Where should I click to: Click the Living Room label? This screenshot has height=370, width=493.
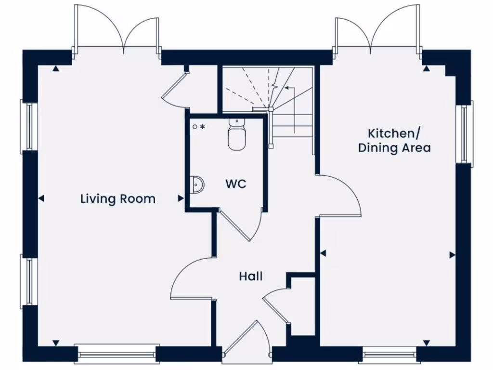coord(118,198)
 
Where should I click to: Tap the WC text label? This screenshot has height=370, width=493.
coord(236,184)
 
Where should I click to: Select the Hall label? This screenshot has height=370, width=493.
coord(251,276)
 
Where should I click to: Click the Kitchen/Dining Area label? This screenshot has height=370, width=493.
coord(394,141)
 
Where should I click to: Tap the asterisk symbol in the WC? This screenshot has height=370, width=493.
coord(203,127)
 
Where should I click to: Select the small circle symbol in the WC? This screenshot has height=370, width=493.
coord(195,127)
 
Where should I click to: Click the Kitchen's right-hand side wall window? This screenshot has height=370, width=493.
coord(464,134)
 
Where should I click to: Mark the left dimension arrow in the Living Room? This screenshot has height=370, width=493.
coord(41,198)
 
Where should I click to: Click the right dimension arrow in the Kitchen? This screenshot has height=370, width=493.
coord(452,254)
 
